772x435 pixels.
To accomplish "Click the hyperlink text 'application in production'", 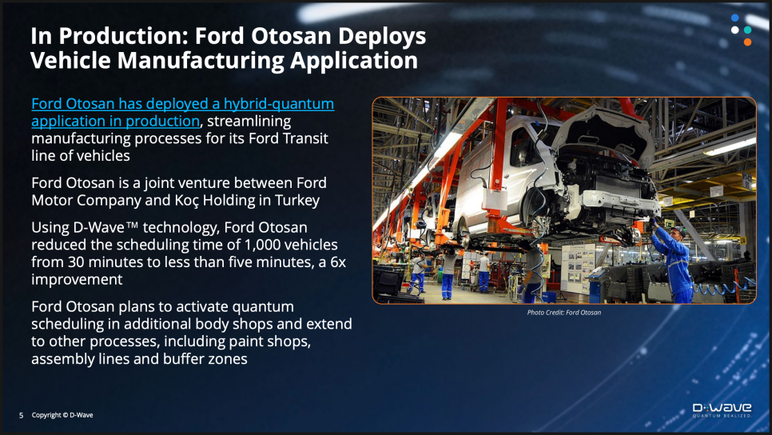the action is click(115, 122).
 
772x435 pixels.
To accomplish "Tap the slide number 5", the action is click(21, 415).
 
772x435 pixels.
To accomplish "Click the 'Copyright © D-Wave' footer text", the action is click(62, 415).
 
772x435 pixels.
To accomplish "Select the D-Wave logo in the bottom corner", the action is click(722, 410).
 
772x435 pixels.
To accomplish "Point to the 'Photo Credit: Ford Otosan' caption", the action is click(563, 313).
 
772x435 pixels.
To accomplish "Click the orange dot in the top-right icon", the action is click(747, 42).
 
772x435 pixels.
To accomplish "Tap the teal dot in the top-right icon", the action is click(747, 30).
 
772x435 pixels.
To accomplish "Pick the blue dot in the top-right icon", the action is click(735, 18).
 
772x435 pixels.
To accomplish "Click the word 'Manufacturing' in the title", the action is click(201, 61).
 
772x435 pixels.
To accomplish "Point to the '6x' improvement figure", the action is click(338, 262).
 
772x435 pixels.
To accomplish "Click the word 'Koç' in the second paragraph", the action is click(186, 201).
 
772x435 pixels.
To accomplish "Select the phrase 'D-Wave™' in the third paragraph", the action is click(105, 228).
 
